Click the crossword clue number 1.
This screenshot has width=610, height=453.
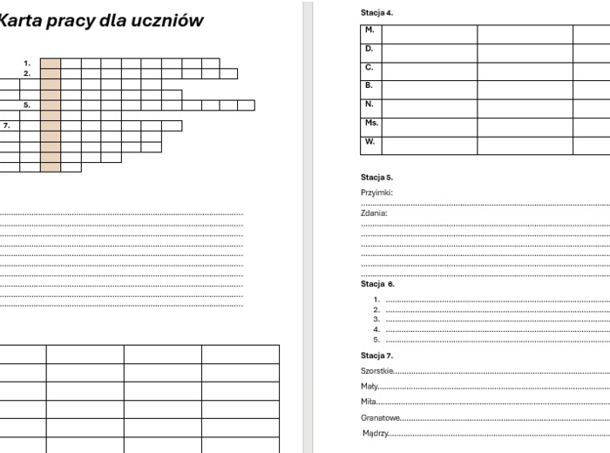click(x=27, y=63)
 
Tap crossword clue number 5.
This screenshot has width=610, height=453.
click(x=27, y=105)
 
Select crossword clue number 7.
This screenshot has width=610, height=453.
click(x=6, y=125)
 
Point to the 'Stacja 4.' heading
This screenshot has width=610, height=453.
click(x=376, y=13)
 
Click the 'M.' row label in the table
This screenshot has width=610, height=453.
click(x=369, y=30)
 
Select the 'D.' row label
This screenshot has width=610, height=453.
click(x=369, y=49)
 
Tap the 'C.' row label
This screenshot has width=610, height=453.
click(x=369, y=67)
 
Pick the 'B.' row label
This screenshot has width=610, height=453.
click(x=369, y=85)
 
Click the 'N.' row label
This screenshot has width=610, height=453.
click(x=369, y=104)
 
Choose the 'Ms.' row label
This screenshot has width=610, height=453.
click(x=371, y=123)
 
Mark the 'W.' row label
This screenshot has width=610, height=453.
click(x=369, y=141)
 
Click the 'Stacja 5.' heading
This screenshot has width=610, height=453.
click(x=376, y=177)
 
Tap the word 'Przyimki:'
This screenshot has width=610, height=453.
click(x=376, y=193)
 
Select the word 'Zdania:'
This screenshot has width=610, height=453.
click(x=374, y=213)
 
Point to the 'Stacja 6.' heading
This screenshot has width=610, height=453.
click(x=377, y=284)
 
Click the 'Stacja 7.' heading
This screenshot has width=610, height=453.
click(x=376, y=355)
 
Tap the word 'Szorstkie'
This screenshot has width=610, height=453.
click(x=376, y=371)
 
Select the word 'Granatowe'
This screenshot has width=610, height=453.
click(x=380, y=418)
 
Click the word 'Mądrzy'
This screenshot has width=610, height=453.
click(x=376, y=434)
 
